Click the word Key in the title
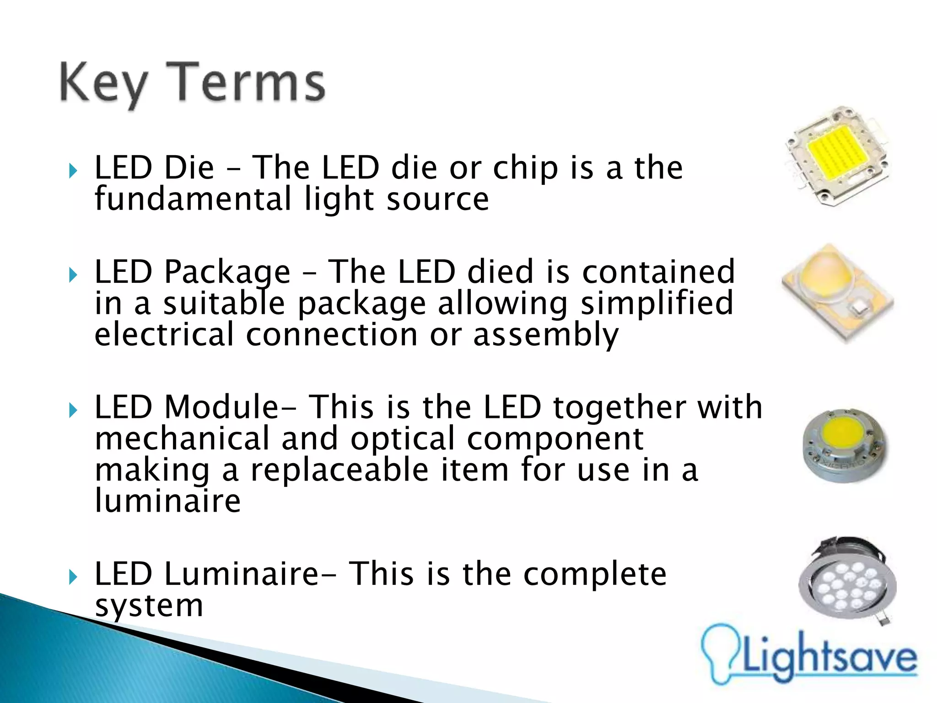pyautogui.click(x=103, y=84)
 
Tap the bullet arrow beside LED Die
pyautogui.click(x=73, y=171)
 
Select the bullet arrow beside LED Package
pyautogui.click(x=73, y=275)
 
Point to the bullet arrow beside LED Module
pyautogui.click(x=73, y=410)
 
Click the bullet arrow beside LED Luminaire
pyautogui.click(x=73, y=577)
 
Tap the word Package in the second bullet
pyautogui.click(x=227, y=273)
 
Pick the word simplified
pyautogui.click(x=657, y=304)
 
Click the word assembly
pyautogui.click(x=545, y=335)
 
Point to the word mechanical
pyautogui.click(x=182, y=438)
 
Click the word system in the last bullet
pyautogui.click(x=149, y=606)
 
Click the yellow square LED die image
pyautogui.click(x=837, y=156)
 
